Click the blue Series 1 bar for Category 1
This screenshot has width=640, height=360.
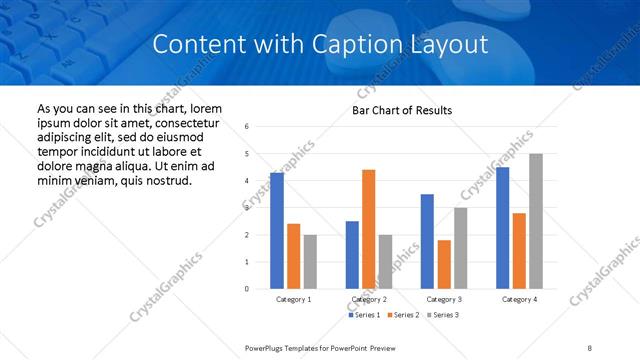[277, 231]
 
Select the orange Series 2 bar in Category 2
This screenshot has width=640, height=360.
[368, 229]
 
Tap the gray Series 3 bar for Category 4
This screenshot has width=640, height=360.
[536, 221]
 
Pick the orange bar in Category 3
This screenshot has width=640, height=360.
[444, 264]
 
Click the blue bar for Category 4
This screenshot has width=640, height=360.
[502, 228]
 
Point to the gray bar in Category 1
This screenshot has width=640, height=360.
[310, 262]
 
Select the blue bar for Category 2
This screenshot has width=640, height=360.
[352, 255]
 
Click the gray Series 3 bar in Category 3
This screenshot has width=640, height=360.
[460, 248]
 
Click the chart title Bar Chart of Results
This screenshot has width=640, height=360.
[402, 110]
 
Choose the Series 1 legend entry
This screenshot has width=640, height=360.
[364, 315]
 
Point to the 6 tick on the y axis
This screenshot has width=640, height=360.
[247, 127]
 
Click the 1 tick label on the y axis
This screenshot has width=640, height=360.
[247, 262]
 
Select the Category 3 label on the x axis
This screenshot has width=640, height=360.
[444, 299]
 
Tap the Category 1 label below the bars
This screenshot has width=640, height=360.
[294, 299]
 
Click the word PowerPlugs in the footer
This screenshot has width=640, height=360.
[267, 347]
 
